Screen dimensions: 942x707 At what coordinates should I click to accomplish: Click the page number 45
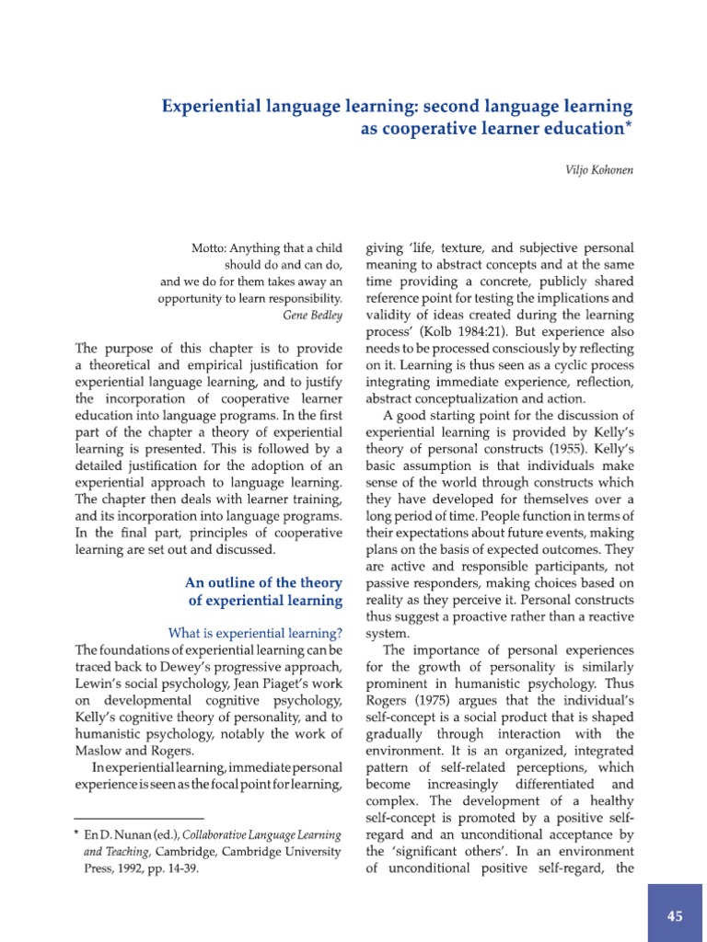(676, 915)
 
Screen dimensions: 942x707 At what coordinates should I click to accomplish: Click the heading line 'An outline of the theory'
(263, 582)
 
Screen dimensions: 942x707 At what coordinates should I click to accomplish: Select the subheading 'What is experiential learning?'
(254, 633)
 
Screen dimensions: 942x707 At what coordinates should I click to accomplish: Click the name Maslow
(99, 750)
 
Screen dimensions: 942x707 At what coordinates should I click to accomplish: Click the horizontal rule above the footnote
(138, 818)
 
